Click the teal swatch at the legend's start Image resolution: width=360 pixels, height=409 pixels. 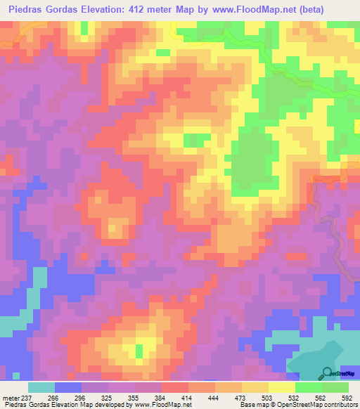point(41,387)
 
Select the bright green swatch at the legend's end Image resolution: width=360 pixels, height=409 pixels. point(335,387)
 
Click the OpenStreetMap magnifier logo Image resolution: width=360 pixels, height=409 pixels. point(327,373)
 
